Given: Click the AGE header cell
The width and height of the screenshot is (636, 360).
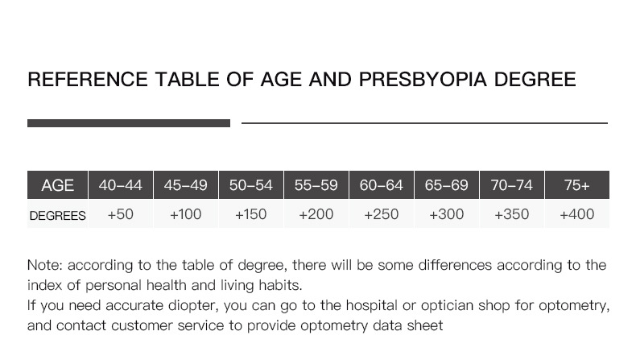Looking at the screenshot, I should [x=57, y=185].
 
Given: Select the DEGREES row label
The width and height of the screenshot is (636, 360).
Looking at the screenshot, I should [x=57, y=215].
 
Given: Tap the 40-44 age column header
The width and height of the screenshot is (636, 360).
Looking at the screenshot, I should [x=120, y=185].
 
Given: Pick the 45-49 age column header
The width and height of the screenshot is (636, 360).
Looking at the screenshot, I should [x=185, y=185].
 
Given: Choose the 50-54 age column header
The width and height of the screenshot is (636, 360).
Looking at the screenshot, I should [x=250, y=185].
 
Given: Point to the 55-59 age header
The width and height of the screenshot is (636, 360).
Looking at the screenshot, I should [x=316, y=185].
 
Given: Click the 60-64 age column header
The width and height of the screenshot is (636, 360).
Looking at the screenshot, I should [x=381, y=185].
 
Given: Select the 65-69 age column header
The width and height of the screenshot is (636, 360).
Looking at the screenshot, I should [x=446, y=185].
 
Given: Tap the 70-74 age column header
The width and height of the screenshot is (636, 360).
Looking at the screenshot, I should [x=511, y=185].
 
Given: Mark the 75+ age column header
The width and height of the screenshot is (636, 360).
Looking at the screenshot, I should [x=576, y=185].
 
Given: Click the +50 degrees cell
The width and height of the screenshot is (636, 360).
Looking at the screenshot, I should [x=120, y=215].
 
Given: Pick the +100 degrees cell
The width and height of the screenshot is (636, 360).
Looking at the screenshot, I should [x=185, y=215].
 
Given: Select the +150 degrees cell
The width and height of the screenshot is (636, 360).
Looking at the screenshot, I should [x=250, y=215].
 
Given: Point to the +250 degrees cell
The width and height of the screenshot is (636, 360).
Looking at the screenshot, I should [x=381, y=215].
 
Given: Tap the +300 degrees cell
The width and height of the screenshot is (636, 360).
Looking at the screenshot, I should [x=446, y=215].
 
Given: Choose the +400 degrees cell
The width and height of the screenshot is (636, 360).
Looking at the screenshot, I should [x=576, y=215].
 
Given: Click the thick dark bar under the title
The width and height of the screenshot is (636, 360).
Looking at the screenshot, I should [x=129, y=123].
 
